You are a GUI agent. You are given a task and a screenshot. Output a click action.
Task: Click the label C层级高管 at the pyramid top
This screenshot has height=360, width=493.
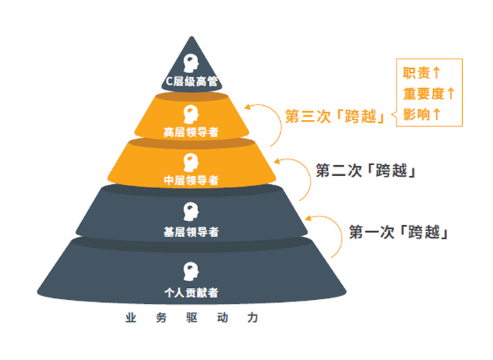tap(192, 82)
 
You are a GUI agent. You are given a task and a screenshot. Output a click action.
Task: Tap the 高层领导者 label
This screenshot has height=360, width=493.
tap(191, 132)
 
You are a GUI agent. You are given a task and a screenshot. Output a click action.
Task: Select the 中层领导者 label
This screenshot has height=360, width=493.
tap(191, 180)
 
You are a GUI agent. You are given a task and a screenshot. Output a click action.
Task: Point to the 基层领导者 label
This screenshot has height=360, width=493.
tap(191, 232)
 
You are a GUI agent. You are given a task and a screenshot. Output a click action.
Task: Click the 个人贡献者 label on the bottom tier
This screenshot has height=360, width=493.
tap(191, 293)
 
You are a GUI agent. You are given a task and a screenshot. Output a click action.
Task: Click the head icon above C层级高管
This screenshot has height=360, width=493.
tap(191, 63)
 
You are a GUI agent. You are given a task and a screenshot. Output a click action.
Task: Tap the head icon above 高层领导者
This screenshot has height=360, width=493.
tap(191, 114)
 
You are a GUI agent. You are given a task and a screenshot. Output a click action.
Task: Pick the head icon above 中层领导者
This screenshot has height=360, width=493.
tap(191, 162)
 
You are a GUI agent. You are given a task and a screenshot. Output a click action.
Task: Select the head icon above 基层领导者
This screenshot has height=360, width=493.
tap(191, 212)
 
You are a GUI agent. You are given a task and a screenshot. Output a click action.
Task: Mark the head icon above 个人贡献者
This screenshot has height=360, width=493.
tap(191, 272)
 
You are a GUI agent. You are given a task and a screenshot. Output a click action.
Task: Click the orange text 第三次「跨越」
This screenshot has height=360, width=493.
tap(335, 117)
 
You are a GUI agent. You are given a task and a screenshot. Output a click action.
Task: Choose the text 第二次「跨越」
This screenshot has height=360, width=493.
tap(366, 171)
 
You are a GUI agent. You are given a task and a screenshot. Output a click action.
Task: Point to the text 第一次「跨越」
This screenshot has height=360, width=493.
tap(399, 232)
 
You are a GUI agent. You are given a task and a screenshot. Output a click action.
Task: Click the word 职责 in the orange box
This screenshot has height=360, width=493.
tap(416, 73)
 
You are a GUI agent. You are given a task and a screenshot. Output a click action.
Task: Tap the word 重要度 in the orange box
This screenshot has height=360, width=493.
tap(424, 94)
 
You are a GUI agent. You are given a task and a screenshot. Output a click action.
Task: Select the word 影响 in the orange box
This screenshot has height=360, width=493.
tap(416, 115)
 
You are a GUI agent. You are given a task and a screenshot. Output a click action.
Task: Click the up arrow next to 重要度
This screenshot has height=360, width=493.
tap(451, 94)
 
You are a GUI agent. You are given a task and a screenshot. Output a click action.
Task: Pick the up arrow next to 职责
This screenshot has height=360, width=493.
tap(436, 73)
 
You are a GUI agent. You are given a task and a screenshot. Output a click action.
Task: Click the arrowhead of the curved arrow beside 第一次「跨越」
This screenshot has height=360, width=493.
tap(308, 218)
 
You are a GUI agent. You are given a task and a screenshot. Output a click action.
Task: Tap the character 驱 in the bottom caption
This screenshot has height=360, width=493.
tap(191, 318)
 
